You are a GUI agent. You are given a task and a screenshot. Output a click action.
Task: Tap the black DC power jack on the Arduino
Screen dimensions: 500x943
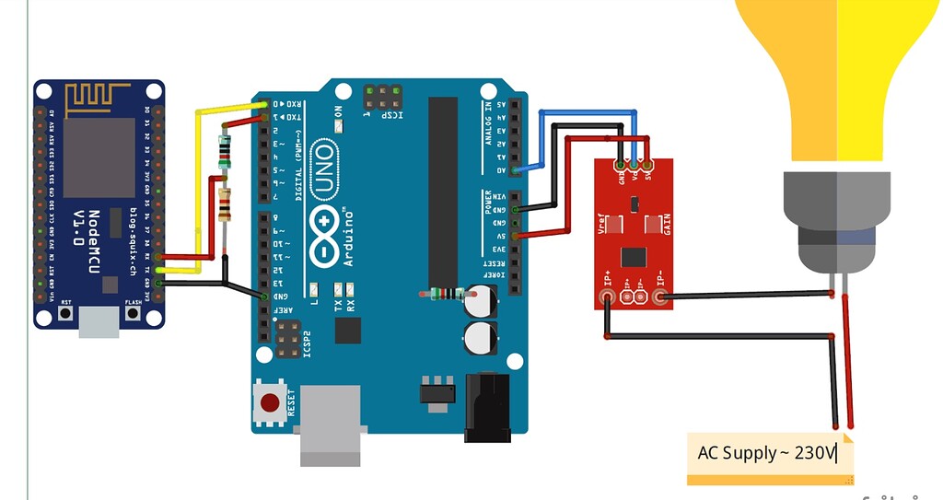(x=486, y=407)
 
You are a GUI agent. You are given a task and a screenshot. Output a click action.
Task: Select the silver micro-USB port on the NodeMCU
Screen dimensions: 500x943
(x=99, y=320)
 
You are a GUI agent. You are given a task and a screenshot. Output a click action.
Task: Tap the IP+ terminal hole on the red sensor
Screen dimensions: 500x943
(x=607, y=297)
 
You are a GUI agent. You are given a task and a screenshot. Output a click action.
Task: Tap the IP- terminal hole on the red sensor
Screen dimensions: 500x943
(x=659, y=297)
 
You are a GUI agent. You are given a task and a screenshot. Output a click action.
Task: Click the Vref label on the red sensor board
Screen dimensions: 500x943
(x=602, y=223)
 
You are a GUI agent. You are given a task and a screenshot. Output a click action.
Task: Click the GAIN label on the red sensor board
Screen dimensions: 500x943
(x=667, y=224)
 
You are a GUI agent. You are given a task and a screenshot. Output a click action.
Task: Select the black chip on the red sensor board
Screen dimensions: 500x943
(x=634, y=256)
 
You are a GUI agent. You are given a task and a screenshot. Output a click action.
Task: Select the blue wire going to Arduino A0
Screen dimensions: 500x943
(x=589, y=111)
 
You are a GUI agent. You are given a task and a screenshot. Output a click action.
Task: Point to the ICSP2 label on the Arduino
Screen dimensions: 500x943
(x=308, y=343)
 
